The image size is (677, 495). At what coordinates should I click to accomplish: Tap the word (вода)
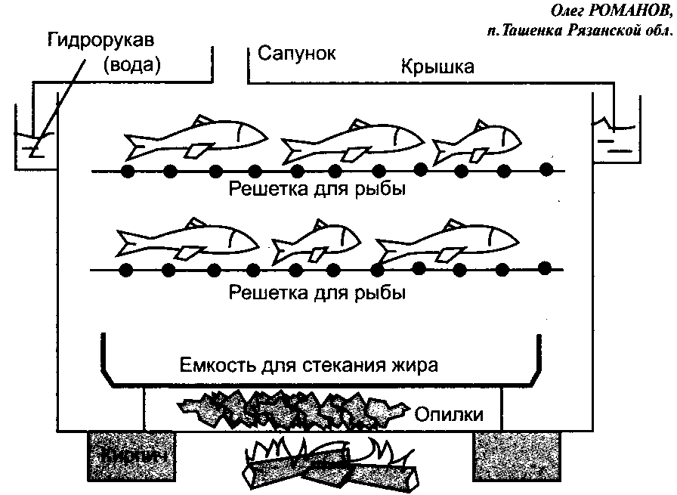(x=134, y=64)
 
